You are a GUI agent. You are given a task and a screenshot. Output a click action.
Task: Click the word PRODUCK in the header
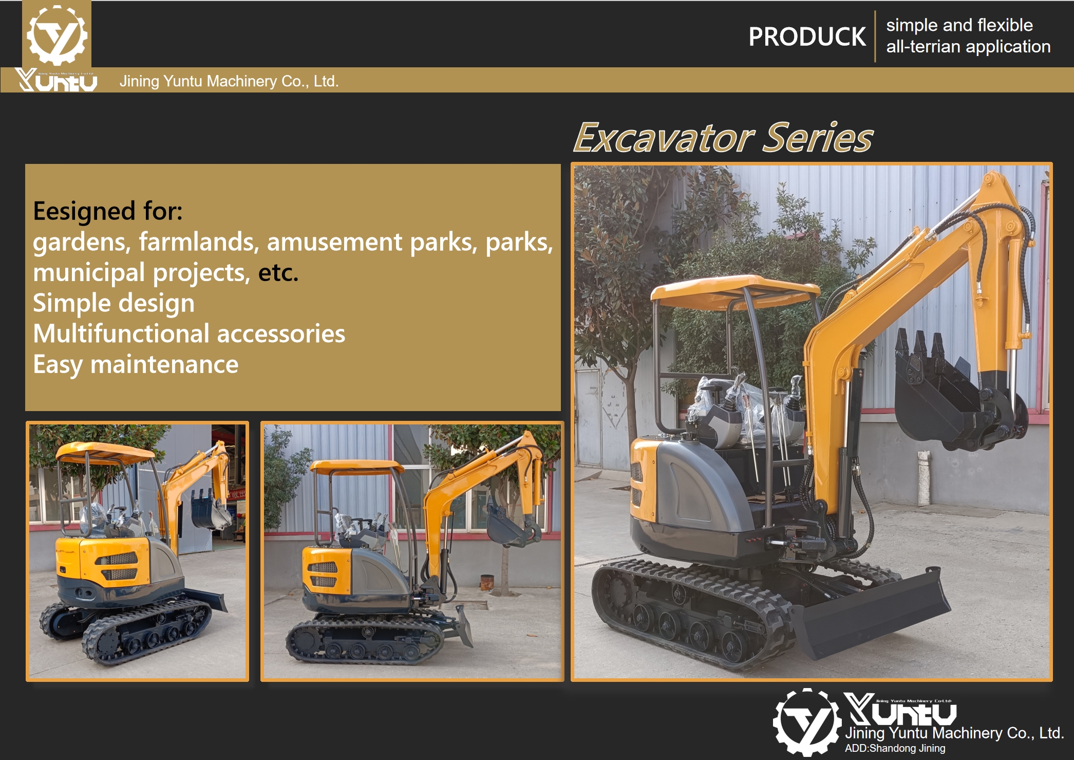click(x=806, y=37)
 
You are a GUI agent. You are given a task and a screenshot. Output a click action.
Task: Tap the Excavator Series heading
click(x=723, y=138)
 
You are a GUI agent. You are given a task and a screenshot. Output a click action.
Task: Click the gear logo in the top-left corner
click(x=56, y=34)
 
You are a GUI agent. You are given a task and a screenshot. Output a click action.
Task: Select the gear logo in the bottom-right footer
click(x=807, y=722)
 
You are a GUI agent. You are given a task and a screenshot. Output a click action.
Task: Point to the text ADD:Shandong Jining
click(x=895, y=748)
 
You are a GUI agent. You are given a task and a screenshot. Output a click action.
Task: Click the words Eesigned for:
click(x=108, y=211)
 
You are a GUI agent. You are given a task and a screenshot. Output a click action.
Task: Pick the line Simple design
click(x=114, y=303)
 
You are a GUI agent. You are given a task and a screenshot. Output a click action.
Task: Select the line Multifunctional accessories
click(x=189, y=334)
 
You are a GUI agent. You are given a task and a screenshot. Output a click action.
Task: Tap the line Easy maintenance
click(x=136, y=365)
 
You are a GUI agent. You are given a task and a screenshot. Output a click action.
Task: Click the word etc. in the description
click(x=278, y=273)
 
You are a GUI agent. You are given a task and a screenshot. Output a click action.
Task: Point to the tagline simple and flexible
click(x=959, y=25)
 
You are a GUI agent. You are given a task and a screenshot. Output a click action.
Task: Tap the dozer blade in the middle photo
click(x=464, y=624)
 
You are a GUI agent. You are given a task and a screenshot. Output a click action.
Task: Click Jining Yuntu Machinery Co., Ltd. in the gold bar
click(x=229, y=81)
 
